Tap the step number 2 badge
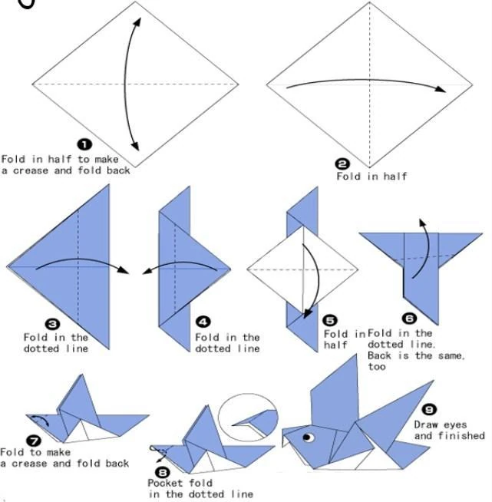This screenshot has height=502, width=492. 342,163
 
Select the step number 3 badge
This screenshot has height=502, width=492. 54,324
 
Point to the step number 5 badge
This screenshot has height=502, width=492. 330,320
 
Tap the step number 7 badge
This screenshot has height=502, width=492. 33,440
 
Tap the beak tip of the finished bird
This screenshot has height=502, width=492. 283,440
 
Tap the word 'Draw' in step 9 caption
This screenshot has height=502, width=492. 427,424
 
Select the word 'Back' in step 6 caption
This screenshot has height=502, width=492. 382,356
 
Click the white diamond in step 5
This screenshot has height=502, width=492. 303,269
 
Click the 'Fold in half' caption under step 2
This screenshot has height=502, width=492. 371,177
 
